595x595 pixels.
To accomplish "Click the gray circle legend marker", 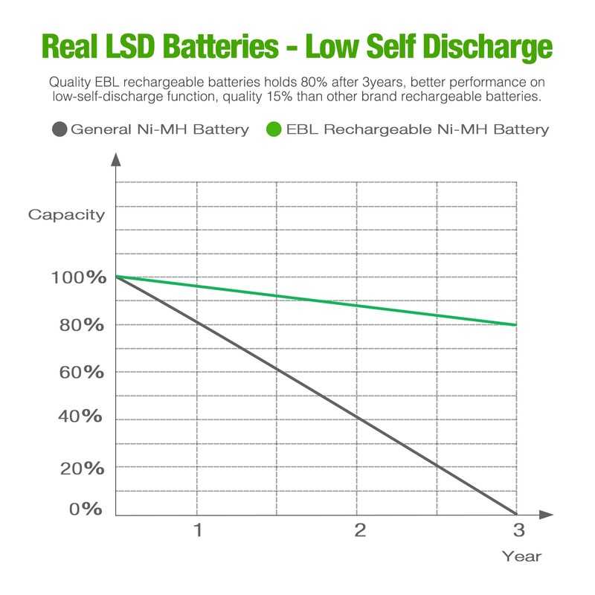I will (60, 129).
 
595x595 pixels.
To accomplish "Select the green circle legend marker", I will (273, 129).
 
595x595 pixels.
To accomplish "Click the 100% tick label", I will (77, 277).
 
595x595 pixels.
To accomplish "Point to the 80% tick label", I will (82, 325).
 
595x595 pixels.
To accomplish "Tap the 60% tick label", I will (82, 372).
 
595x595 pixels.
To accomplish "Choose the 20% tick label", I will (82, 468).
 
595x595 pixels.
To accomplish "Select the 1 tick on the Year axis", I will (198, 530).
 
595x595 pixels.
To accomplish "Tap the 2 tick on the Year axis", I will (360, 530).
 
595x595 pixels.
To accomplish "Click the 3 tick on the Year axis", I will (518, 530).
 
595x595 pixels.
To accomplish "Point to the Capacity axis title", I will (67, 215).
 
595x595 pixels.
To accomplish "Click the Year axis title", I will (521, 556).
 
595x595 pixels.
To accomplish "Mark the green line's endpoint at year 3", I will (515, 325).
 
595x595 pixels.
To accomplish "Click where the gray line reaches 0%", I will (515, 514).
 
